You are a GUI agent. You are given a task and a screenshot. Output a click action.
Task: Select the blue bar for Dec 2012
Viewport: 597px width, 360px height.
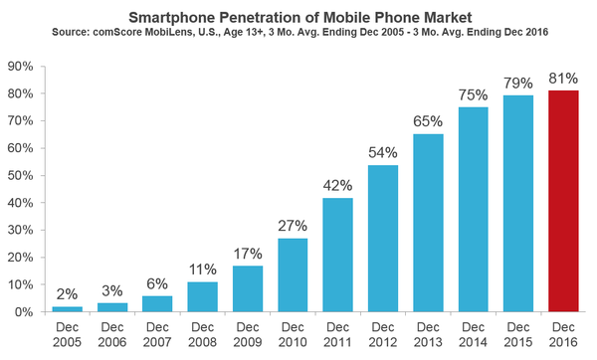383,238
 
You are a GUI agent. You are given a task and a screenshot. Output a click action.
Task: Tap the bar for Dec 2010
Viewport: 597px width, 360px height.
293,274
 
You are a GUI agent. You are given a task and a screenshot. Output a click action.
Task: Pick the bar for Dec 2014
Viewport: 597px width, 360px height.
473,209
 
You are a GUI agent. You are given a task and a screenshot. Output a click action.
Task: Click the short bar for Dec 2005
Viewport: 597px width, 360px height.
67,309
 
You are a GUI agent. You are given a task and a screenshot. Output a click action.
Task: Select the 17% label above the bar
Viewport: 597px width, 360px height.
248,251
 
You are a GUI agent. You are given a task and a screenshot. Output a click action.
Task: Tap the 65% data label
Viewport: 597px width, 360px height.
428,120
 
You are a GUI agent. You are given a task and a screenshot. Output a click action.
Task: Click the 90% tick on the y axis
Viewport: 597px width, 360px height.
23,67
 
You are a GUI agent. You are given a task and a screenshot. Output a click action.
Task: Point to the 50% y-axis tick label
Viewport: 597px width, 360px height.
23,175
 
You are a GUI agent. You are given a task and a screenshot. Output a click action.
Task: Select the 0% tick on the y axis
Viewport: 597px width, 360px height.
27,312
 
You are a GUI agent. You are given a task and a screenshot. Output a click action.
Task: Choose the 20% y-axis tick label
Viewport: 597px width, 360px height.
23,258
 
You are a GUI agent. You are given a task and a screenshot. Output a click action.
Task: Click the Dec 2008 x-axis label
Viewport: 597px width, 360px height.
202,334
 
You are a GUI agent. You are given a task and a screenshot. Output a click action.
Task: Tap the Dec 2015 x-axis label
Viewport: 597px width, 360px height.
517,334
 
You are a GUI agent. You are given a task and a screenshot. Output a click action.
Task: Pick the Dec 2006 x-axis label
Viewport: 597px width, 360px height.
112,334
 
